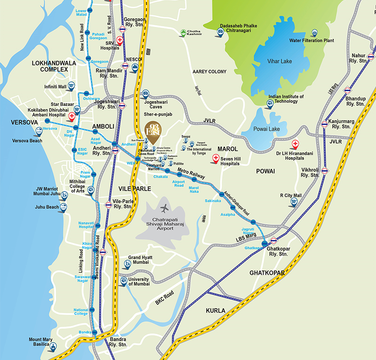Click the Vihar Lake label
[x=280, y=61]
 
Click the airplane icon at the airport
[x=164, y=208]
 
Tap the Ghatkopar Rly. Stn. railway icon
[x=273, y=240]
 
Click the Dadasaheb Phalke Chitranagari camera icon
[x=220, y=32]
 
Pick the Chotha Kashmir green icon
[x=184, y=32]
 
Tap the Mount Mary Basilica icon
[x=53, y=347]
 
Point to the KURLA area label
[x=216, y=311]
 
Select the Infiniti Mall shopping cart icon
[x=71, y=86]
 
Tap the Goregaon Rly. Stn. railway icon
[x=122, y=29]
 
